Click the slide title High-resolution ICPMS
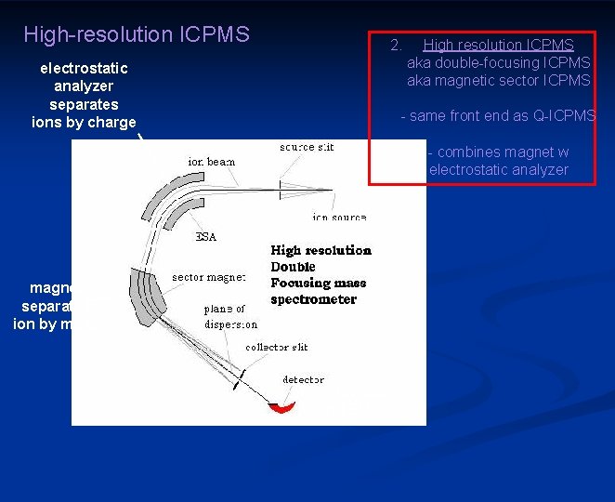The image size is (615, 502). (x=137, y=35)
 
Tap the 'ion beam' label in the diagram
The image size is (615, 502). (x=212, y=161)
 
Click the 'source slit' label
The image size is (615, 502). (x=307, y=147)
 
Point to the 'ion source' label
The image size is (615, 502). (x=338, y=217)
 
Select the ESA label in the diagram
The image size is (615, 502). (x=205, y=237)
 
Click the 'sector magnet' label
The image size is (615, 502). (x=208, y=277)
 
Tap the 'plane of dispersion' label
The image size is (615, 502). (x=230, y=316)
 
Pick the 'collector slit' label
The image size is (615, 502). (x=276, y=347)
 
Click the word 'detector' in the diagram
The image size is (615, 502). (x=304, y=379)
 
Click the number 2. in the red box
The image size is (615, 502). (x=396, y=45)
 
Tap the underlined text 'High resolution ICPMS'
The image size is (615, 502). (x=498, y=45)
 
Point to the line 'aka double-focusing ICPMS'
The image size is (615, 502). (x=498, y=62)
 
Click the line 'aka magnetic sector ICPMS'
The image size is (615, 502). (x=498, y=81)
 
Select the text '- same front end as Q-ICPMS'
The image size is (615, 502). (x=497, y=116)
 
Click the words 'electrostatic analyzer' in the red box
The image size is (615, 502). (x=498, y=170)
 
